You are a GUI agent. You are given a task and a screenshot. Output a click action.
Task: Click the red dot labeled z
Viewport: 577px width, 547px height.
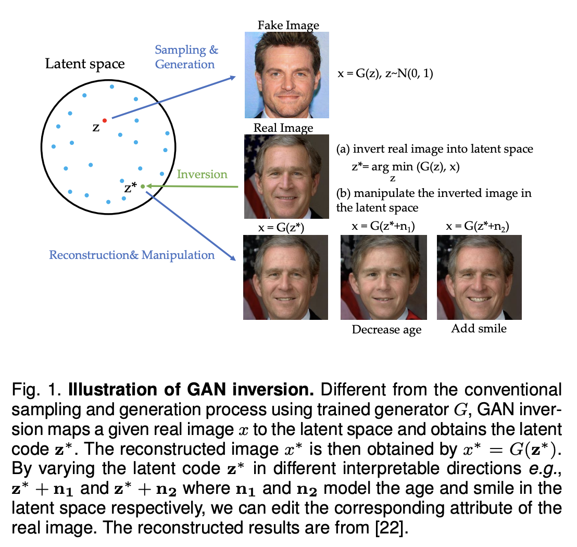[x=104, y=120]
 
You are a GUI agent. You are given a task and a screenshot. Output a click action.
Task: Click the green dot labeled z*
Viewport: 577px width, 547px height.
[x=143, y=186]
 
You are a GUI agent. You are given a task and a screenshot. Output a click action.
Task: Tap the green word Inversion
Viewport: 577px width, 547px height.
[x=202, y=174]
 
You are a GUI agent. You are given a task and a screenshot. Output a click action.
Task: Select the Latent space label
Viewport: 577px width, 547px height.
[x=85, y=64]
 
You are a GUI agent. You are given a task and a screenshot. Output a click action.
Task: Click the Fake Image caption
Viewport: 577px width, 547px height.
[x=288, y=25]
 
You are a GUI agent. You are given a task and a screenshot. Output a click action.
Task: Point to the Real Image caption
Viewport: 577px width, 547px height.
[x=283, y=128]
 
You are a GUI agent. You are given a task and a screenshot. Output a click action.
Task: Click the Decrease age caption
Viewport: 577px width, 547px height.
[x=386, y=329]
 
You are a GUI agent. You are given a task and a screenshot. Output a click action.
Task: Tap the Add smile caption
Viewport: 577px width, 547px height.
[x=479, y=328]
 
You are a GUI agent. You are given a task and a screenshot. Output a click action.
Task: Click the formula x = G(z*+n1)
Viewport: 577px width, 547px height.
[x=383, y=226]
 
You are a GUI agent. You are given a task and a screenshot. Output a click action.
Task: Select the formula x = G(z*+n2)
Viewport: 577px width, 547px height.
[x=478, y=226]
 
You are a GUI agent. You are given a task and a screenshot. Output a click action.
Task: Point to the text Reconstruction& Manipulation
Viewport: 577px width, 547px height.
[x=132, y=255]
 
